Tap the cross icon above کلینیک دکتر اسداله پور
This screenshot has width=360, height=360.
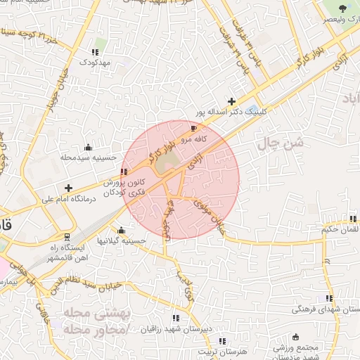click(232, 101)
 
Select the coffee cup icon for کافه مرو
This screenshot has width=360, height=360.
click(193, 129)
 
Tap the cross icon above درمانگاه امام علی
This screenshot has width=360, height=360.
click(68, 188)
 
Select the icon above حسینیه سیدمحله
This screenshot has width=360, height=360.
click(88, 147)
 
